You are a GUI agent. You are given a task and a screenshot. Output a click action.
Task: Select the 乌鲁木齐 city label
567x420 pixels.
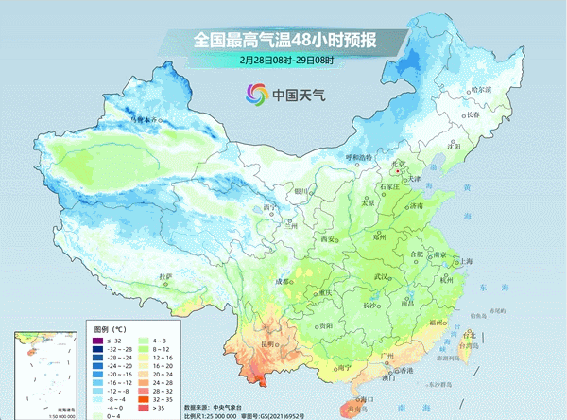pyautogui.click(x=146, y=120)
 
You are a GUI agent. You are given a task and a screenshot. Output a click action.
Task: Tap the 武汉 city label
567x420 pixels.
pyautogui.click(x=382, y=275)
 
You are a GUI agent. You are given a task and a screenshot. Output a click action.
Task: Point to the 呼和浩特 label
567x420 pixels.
pyautogui.click(x=359, y=156)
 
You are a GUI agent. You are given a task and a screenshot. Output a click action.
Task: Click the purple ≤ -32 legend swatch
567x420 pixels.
pyautogui.click(x=96, y=340)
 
